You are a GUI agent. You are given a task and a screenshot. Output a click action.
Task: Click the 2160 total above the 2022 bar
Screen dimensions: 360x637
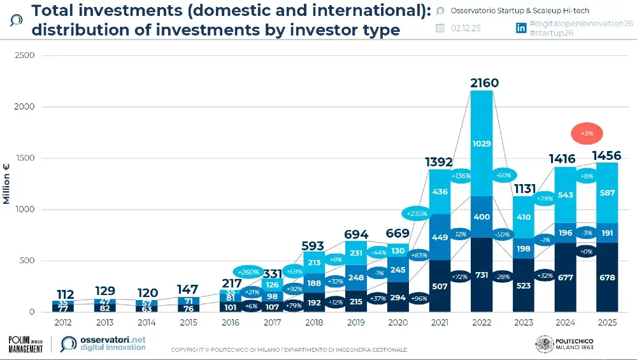coord(484,83)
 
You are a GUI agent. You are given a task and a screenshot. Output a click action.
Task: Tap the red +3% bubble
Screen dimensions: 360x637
coord(587,134)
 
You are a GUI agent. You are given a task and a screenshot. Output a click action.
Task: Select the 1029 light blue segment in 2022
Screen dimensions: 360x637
coord(482,144)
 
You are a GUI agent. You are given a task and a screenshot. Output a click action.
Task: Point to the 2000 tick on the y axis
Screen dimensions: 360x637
coord(25,107)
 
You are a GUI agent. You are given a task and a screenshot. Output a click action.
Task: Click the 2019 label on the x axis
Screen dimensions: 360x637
coord(355,322)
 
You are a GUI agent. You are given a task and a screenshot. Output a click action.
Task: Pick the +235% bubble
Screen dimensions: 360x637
coord(413,214)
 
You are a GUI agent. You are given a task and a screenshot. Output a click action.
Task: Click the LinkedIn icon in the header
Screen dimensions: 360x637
coord(520,27)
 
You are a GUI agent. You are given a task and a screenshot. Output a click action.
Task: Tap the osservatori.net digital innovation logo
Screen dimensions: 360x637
coord(103,344)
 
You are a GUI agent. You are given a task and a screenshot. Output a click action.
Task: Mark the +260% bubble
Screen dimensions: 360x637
coord(251,272)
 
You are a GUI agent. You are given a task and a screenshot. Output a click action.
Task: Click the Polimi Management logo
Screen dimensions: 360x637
coord(25,345)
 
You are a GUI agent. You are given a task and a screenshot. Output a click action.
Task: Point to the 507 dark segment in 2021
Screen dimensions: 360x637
coord(440,287)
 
